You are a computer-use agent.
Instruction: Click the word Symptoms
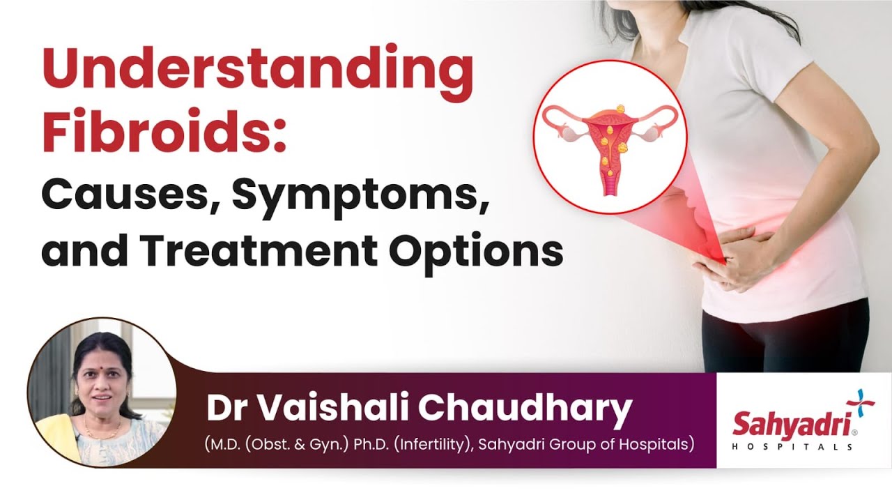pyautogui.click(x=358, y=197)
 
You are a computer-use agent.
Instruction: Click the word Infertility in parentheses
pyautogui.click(x=432, y=444)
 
